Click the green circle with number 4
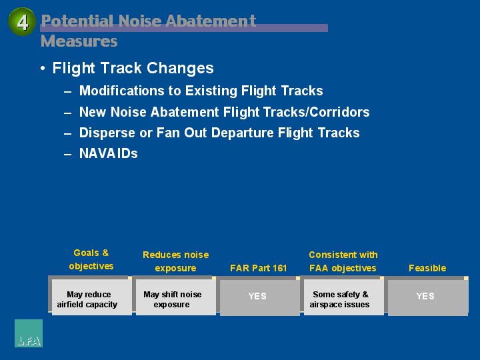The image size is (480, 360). coord(22,22)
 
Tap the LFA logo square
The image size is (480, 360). coord(29,333)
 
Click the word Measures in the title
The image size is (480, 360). coord(79,41)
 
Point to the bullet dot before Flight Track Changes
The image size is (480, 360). coord(43,68)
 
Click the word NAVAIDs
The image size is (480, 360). coord(109,153)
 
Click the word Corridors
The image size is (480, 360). coord(339,112)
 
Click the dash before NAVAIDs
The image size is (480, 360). coord(67,154)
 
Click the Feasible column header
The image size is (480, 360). coord(427,268)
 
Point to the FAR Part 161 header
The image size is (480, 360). coord(259,268)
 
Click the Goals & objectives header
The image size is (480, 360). coord(91,259)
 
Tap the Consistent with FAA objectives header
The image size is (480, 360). coord(343,261)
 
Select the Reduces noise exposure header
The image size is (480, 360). coord(176,261)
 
